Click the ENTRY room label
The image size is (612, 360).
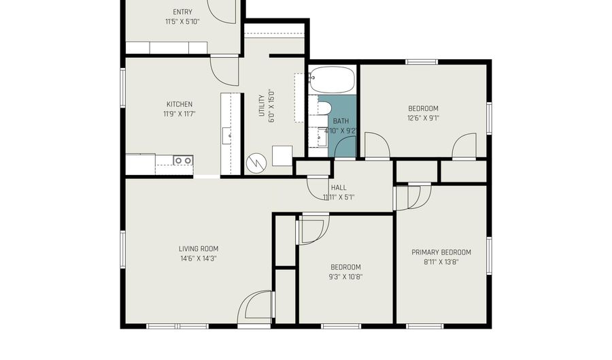(x=183, y=12)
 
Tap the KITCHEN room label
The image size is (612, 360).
(x=180, y=104)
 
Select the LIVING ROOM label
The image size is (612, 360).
(x=199, y=248)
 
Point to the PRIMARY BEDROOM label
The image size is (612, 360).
(x=441, y=252)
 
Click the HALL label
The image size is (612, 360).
(x=339, y=188)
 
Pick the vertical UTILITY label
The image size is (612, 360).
(x=262, y=105)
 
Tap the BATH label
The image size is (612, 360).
(x=341, y=121)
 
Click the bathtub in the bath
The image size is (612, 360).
(x=332, y=80)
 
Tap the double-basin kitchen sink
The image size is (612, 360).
(x=183, y=160)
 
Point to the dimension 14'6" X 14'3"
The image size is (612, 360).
(x=199, y=259)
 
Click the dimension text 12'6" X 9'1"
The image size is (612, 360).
(x=424, y=118)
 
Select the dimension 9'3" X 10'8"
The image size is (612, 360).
(x=346, y=277)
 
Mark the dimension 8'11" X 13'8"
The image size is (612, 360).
(x=441, y=262)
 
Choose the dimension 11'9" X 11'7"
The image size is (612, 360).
(x=180, y=114)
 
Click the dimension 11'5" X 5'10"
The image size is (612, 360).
(x=183, y=22)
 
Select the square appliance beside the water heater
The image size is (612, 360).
(x=282, y=156)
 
